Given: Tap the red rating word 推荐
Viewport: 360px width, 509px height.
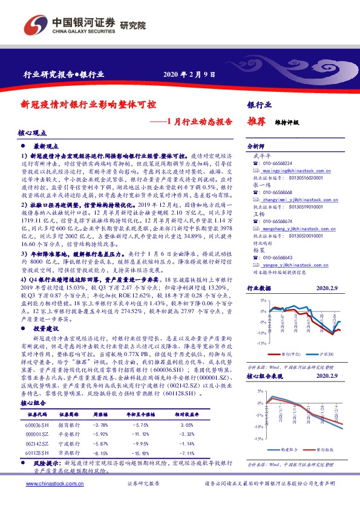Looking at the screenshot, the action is (x=257, y=121).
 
